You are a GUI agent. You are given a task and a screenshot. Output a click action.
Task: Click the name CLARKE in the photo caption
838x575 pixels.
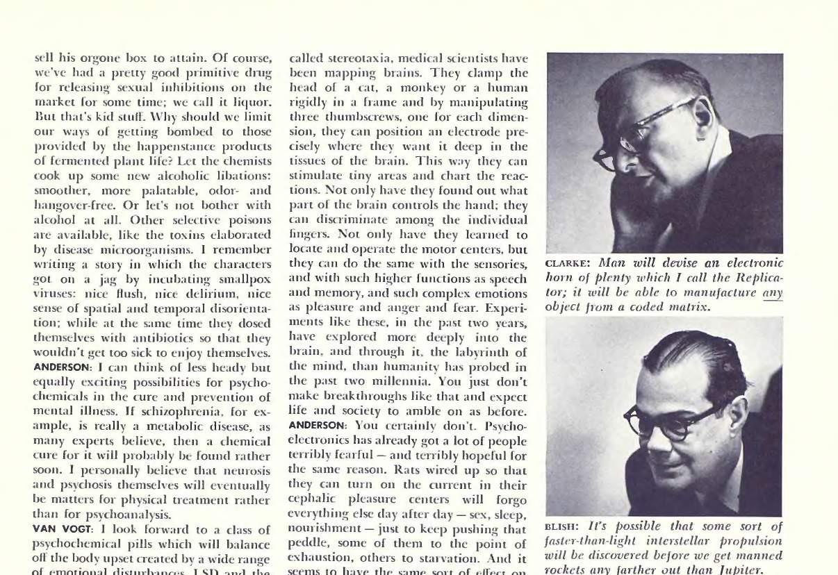coord(567,264)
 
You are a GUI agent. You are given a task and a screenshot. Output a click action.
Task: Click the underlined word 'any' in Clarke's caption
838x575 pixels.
coord(773,292)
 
